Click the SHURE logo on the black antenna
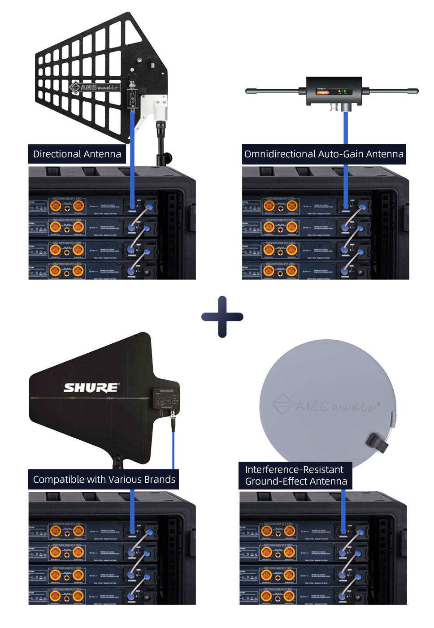pos(91,387)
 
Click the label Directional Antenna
pos(77,154)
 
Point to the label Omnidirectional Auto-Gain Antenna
pos(324,154)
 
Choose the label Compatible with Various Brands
pos(104,480)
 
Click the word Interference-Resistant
pos(294,470)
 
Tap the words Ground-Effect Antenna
pos(296,481)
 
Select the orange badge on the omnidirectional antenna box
pos(323,93)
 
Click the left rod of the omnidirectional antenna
pos(271,91)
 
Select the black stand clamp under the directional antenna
pos(162,143)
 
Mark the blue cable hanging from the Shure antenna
pos(174,448)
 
